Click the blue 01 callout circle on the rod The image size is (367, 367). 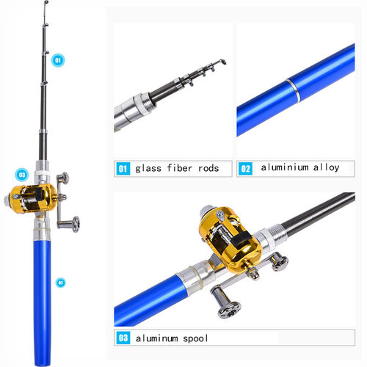tap(59, 60)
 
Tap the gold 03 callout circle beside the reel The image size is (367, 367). tap(22, 175)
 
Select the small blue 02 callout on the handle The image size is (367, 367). tap(60, 281)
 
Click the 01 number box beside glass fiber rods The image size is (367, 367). tap(123, 168)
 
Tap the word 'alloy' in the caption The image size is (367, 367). tap(326, 168)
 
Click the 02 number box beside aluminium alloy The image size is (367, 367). tap(246, 168)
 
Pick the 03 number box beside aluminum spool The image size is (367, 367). tap(123, 338)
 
